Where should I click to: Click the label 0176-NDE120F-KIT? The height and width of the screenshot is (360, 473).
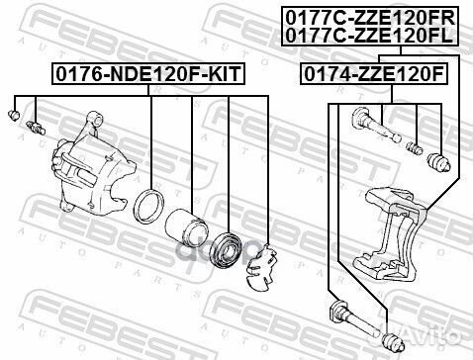tap(148, 73)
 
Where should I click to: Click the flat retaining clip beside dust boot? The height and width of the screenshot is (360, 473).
tap(261, 261)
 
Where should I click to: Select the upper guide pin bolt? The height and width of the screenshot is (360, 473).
tap(375, 130)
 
